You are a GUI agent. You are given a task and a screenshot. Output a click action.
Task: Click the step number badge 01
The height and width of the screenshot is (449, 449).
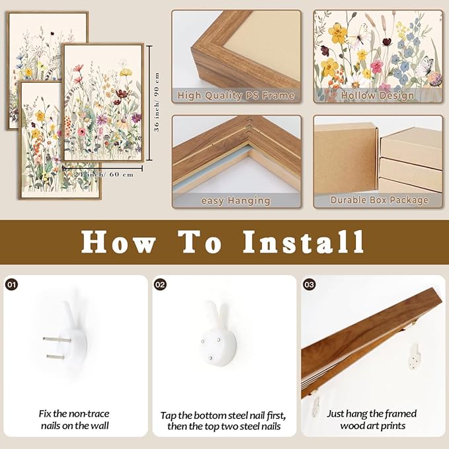pyautogui.click(x=12, y=285)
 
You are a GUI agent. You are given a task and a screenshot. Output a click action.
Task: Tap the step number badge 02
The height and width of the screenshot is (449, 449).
pyautogui.click(x=161, y=285)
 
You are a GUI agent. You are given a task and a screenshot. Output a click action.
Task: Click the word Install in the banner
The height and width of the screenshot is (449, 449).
pyautogui.click(x=303, y=242)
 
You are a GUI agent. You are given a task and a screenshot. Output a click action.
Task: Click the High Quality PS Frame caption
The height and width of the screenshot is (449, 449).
pyautogui.click(x=236, y=96)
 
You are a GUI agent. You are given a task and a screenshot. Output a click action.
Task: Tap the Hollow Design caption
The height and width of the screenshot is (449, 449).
pyautogui.click(x=377, y=96)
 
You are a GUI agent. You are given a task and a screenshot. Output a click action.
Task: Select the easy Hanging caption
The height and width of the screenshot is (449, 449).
pyautogui.click(x=235, y=200)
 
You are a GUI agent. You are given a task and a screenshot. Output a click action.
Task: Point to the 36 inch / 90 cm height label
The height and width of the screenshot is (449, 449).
pyautogui.click(x=157, y=102)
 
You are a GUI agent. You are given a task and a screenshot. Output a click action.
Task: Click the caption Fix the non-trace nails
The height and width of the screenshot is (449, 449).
pyautogui.click(x=74, y=420)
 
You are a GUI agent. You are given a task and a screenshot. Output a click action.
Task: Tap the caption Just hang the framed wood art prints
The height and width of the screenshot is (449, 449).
pyautogui.click(x=372, y=420)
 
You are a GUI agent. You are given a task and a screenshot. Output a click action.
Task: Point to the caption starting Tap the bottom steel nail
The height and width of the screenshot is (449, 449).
pyautogui.click(x=223, y=420)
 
